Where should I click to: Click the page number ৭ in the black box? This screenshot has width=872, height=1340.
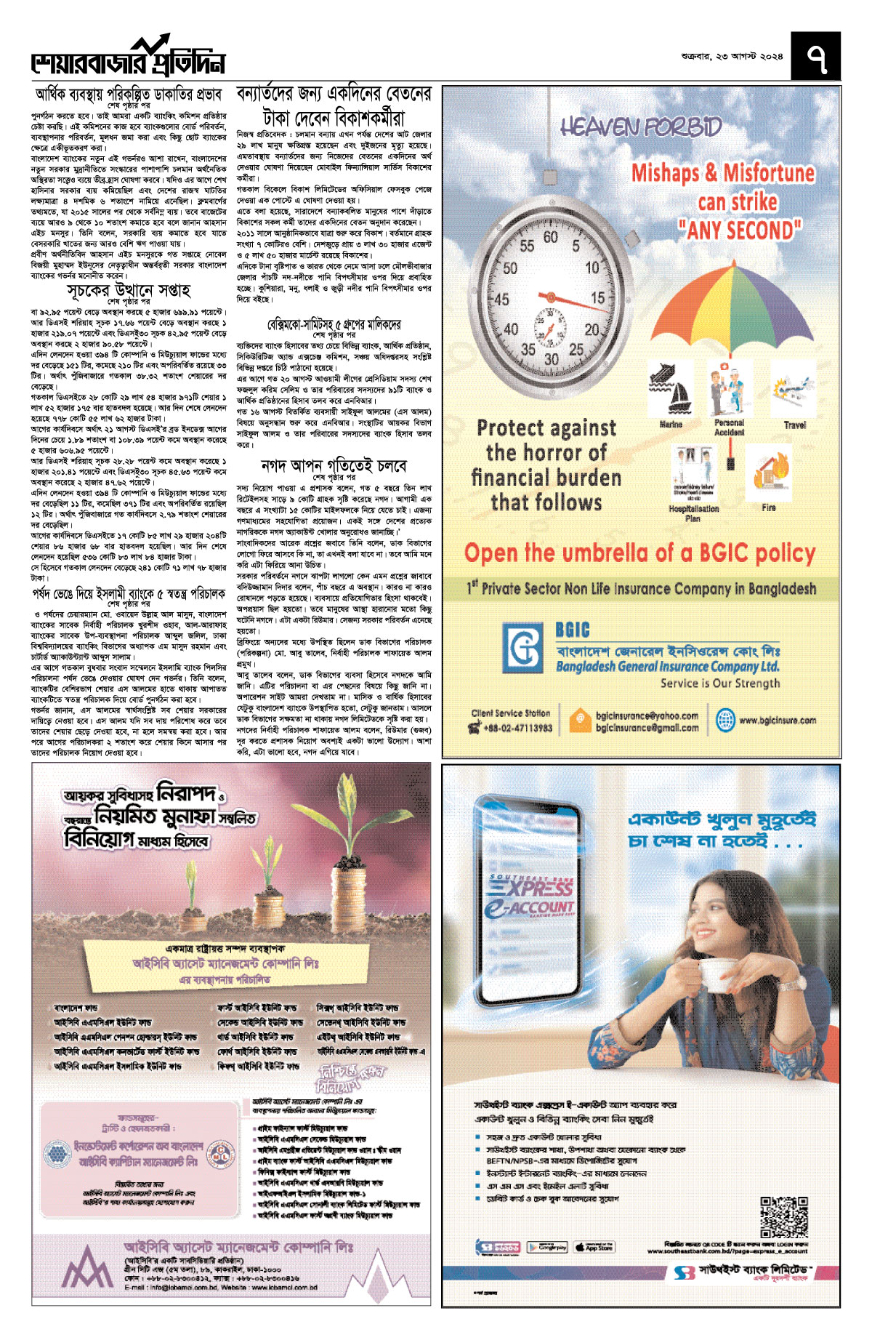click(x=816, y=57)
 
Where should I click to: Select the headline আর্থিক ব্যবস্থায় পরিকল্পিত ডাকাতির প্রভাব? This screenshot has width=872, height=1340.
click(x=129, y=95)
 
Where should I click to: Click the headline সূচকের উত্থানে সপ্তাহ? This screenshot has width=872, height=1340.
click(x=129, y=291)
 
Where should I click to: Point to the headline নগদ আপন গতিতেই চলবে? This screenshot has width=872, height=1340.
click(x=334, y=465)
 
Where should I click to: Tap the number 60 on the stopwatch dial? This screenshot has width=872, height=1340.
click(x=551, y=238)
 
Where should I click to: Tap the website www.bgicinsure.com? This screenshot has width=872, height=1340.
click(x=778, y=721)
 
